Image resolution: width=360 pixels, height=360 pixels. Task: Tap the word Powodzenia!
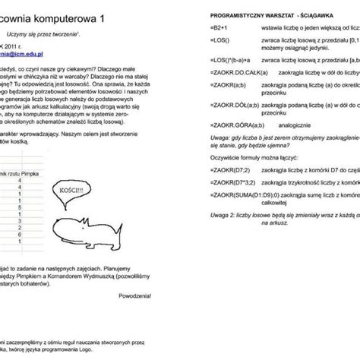[x=134, y=296]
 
